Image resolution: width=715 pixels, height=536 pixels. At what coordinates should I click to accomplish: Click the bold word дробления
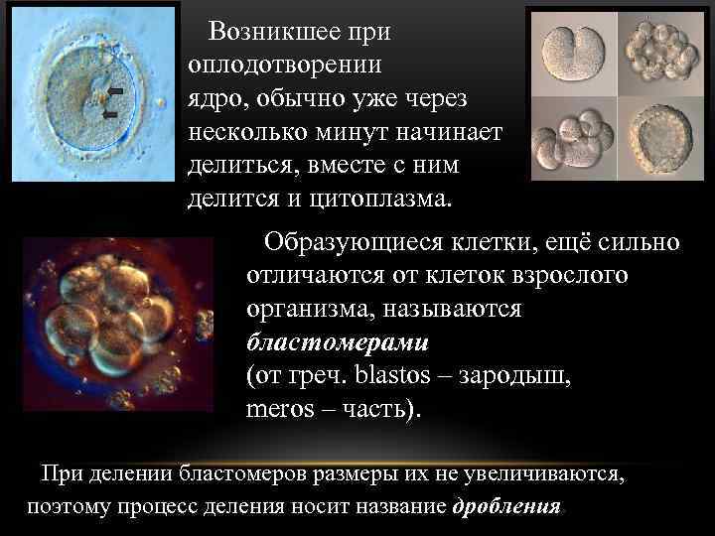[x=506, y=506]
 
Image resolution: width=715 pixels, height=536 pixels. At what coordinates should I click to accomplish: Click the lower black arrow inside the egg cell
[x=110, y=114]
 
